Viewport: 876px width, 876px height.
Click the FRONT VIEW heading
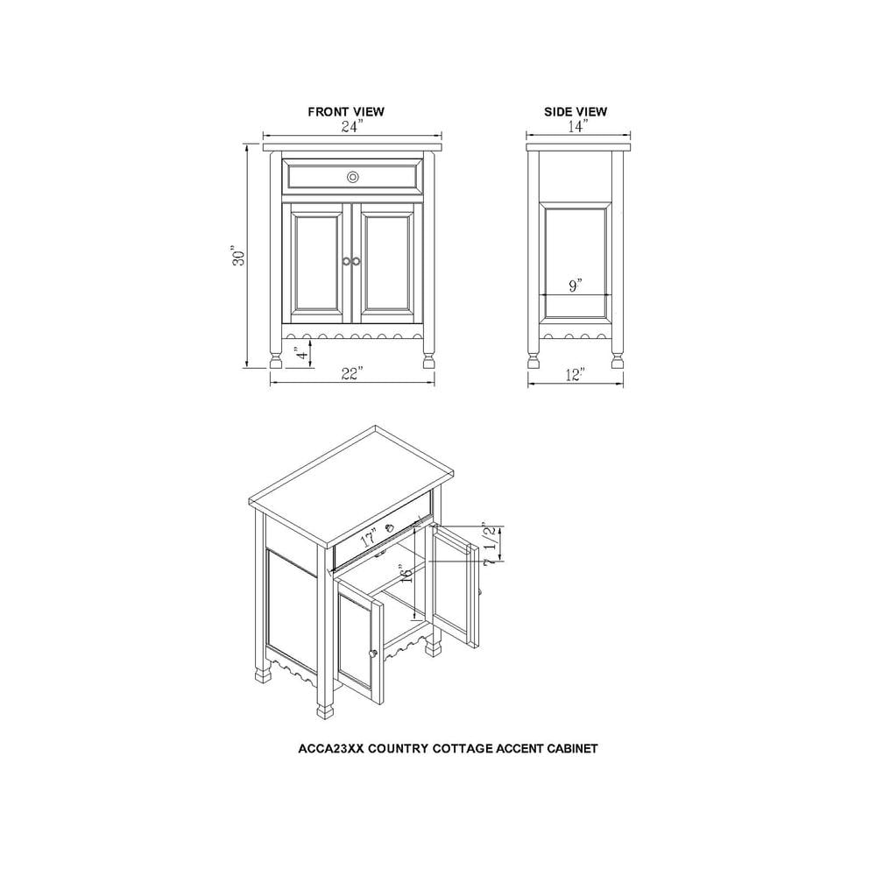345,112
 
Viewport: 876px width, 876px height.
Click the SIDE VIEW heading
576,112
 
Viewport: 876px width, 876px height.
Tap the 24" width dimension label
350,126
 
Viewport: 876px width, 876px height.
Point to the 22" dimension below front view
352,374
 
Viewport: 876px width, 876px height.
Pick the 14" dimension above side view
576,126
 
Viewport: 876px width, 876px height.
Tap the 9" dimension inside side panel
575,286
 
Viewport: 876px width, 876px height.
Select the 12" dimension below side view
575,375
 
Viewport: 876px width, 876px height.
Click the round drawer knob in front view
352,177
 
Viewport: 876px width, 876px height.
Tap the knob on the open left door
373,653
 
